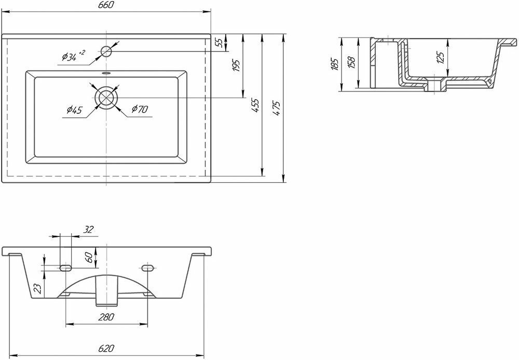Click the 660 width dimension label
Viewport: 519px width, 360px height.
(x=106, y=5)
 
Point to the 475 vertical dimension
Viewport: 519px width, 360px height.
(x=278, y=108)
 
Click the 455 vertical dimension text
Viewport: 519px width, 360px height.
(x=256, y=108)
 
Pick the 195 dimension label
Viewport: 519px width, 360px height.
(x=236, y=65)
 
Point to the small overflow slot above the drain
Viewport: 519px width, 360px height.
(x=107, y=73)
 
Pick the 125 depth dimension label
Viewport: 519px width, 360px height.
(x=441, y=58)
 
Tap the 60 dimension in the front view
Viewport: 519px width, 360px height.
(x=89, y=256)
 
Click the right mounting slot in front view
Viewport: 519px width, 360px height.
(x=148, y=268)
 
